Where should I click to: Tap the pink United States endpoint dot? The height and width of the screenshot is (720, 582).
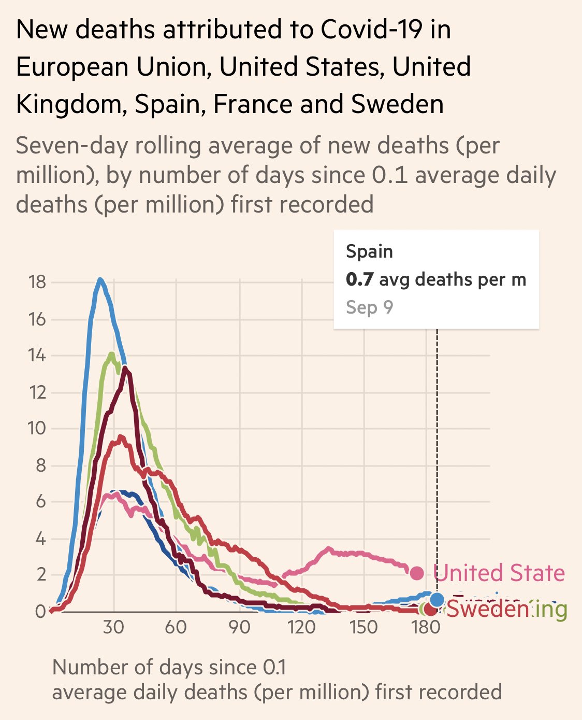pos(417,573)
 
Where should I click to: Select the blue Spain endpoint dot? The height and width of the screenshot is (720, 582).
pos(437,600)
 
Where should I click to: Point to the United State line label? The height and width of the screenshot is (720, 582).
pos(499,573)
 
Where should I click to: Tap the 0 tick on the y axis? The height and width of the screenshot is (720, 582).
pos(40,612)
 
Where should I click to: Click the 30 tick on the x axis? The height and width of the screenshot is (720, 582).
pos(113,627)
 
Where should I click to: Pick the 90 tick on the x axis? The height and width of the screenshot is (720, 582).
pos(239,627)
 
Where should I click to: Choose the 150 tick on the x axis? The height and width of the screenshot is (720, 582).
pos(363,627)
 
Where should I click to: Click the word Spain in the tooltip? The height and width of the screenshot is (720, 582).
pos(369,252)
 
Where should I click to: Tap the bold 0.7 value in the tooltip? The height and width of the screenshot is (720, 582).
pos(359,280)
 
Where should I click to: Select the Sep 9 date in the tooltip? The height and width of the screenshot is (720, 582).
pos(369,307)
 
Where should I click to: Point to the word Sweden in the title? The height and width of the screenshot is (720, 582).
pos(397,104)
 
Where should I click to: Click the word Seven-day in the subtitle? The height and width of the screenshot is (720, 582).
pos(71,146)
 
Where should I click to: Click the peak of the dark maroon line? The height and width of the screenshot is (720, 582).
pos(125,369)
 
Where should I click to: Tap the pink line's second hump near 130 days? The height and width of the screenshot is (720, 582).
pos(328,548)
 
